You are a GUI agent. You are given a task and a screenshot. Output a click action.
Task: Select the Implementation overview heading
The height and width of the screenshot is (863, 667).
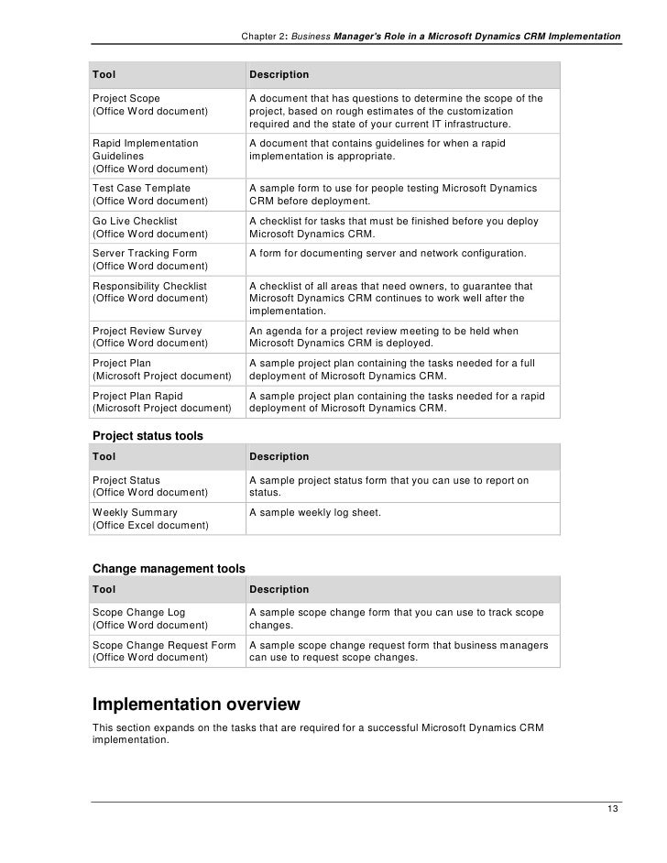click(196, 705)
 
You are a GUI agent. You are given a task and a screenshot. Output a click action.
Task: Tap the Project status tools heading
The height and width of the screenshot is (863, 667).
click(148, 435)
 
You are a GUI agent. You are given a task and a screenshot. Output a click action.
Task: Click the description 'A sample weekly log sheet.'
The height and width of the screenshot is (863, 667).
click(315, 513)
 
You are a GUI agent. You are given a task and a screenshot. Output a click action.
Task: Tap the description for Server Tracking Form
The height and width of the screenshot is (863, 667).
click(388, 253)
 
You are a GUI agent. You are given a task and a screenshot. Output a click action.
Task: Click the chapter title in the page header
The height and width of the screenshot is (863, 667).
click(430, 36)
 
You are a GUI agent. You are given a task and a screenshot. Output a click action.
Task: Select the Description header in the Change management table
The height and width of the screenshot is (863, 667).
click(279, 589)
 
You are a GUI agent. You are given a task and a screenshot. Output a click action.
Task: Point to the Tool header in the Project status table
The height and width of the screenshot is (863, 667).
click(104, 456)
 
